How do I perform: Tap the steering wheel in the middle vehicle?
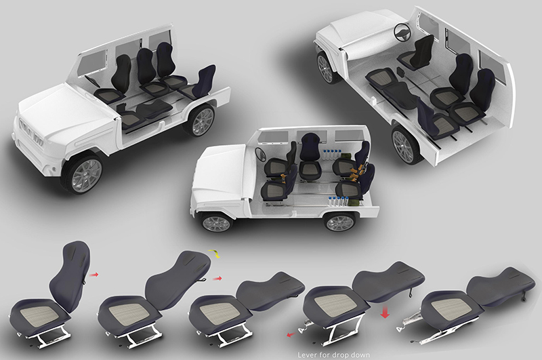pyautogui.click(x=260, y=154)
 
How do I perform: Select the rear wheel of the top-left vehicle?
pyautogui.click(x=201, y=120)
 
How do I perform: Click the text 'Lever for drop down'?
pyautogui.click(x=333, y=355)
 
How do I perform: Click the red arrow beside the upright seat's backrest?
pyautogui.click(x=93, y=275)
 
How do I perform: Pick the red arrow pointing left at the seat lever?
pyautogui.click(x=291, y=334)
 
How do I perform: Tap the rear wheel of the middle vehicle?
pyautogui.click(x=340, y=222)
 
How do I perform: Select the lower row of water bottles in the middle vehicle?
pyautogui.click(x=337, y=201)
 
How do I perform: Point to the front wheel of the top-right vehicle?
pyautogui.click(x=326, y=68)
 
